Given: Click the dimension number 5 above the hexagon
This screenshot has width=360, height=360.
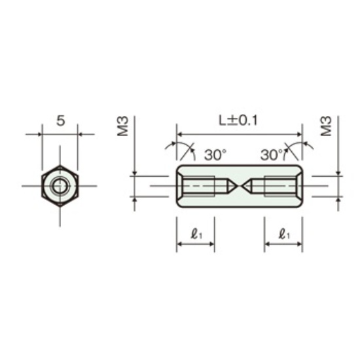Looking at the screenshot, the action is pos(61,121).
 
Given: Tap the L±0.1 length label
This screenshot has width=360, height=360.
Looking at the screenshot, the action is pos(238,120).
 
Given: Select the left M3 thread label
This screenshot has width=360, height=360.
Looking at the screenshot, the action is pos(122,126).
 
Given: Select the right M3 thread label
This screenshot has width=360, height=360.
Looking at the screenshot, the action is pos(326,126).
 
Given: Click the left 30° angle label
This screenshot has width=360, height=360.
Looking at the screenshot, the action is pos(215,154).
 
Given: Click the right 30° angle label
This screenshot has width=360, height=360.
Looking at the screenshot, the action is pos(272,154).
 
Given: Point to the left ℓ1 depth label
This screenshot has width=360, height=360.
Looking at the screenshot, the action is pos(196,234).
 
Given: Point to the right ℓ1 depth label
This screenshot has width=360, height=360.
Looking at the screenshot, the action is pos(284,234).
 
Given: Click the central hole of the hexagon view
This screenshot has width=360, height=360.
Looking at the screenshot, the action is pos(60,186).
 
